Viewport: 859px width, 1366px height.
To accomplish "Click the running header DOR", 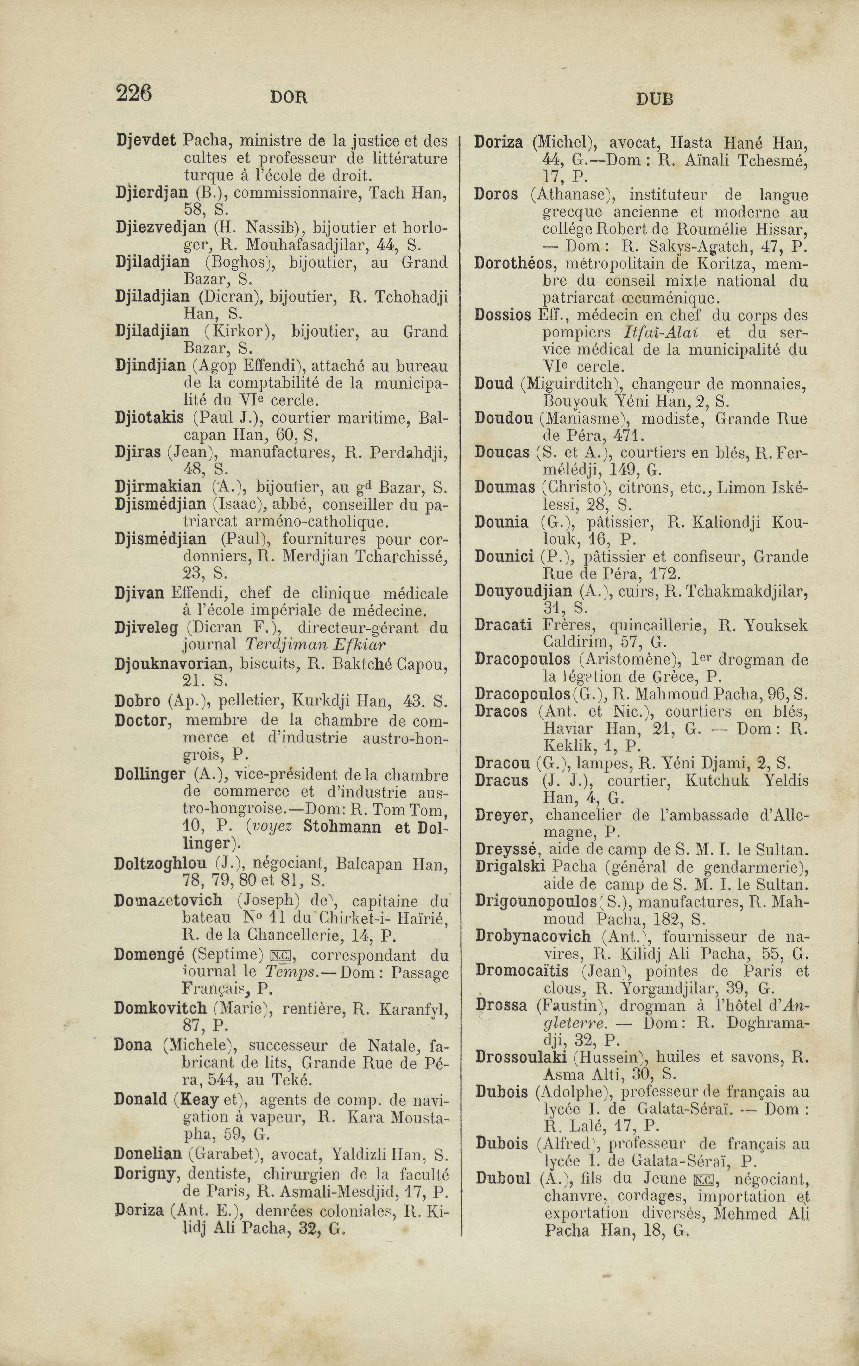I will coord(288,98).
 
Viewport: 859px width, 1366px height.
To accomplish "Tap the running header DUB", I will coord(654,99).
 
